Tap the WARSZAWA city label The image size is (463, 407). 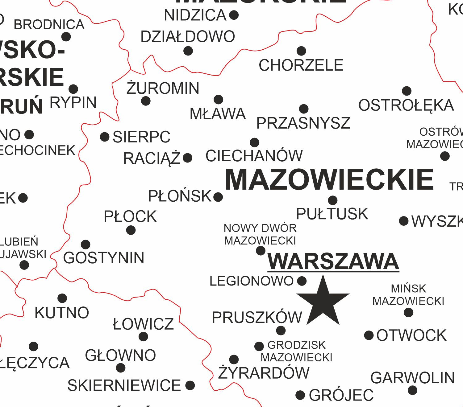pos(333,261)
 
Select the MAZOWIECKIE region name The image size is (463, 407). pos(329,180)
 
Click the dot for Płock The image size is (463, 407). pos(131,230)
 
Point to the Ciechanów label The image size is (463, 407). pos(254,156)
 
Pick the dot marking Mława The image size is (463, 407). pos(218,100)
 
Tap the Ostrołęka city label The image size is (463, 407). pos(406,105)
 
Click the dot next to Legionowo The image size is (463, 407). pos(302,281)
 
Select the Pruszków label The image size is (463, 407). pos(257,317)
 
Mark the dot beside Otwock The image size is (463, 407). pos(369,335)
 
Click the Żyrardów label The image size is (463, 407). pos(264,373)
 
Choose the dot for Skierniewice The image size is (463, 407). pos(190,385)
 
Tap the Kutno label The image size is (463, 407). pos(62,313)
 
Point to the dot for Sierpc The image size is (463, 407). pos(105,137)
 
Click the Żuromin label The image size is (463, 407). pos(163,88)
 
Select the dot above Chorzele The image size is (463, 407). pos(301,51)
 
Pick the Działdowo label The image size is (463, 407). pos(188,37)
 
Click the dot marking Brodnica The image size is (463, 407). pos(66,37)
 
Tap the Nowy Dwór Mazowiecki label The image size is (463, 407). pos(260,234)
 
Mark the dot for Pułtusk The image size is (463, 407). pos(332,200)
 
